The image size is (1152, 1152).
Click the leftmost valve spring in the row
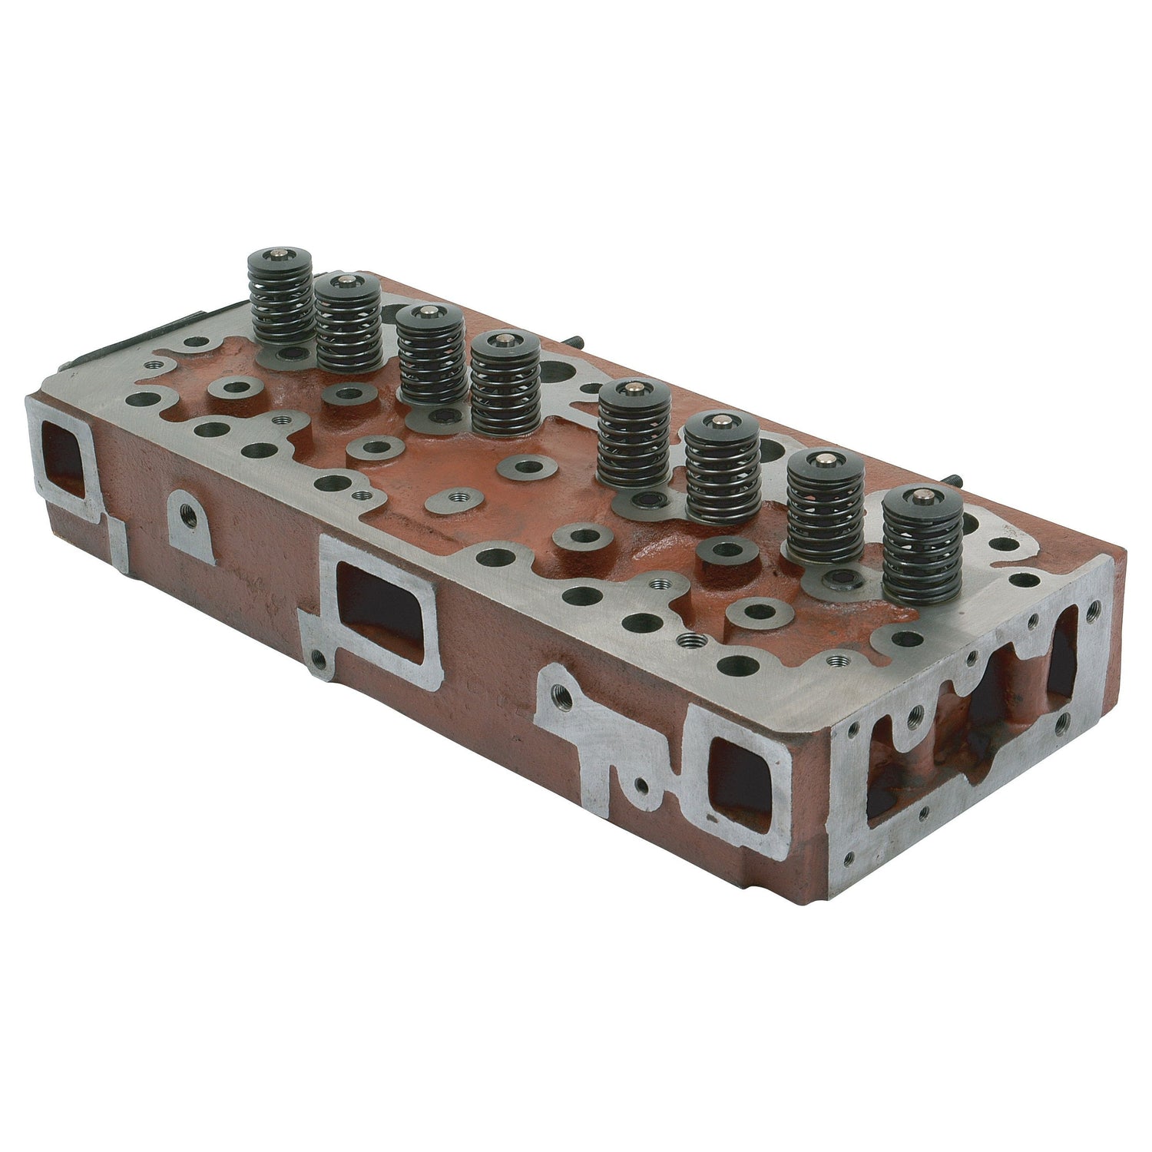pyautogui.click(x=280, y=307)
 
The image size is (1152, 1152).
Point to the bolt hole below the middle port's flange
pyautogui.click(x=314, y=658)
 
